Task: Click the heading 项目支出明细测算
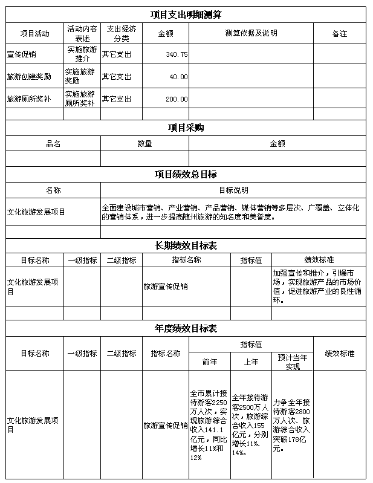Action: tap(186, 14)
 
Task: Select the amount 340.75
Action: tap(177, 54)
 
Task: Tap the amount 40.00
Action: tap(179, 77)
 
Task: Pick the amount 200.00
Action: tap(177, 99)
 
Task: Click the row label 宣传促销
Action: tap(21, 54)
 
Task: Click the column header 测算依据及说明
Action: tap(251, 33)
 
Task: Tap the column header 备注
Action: tap(340, 33)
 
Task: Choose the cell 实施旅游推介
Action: tap(82, 54)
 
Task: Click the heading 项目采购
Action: tap(186, 128)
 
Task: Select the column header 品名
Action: tap(53, 144)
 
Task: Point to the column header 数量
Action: tap(144, 144)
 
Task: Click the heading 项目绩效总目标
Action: tap(186, 174)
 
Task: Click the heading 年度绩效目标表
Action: tap(186, 328)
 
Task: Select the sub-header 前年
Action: tap(210, 361)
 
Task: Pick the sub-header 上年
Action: tap(251, 361)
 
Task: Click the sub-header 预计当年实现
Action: tap(293, 361)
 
